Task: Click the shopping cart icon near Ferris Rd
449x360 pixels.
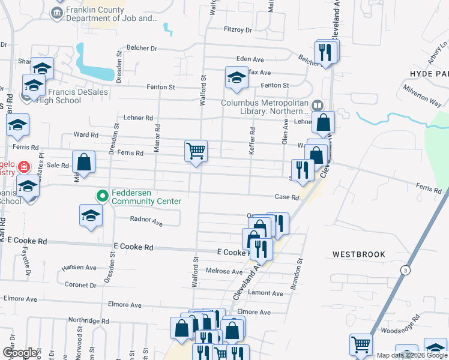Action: click(196, 151)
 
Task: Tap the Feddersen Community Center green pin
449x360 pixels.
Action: click(102, 196)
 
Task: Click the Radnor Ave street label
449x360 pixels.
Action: click(146, 222)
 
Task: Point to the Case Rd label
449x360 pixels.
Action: click(286, 197)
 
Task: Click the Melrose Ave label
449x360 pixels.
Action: click(224, 271)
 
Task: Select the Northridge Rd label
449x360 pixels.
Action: click(88, 321)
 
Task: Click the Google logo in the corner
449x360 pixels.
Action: click(20, 353)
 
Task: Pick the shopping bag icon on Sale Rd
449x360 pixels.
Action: click(84, 162)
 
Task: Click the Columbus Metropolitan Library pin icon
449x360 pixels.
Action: click(318, 104)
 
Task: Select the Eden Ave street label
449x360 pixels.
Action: click(250, 59)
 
